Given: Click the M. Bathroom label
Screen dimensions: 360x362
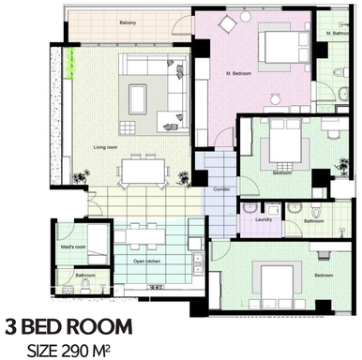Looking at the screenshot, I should (x=338, y=33).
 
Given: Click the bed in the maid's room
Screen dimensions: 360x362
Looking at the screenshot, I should (x=97, y=241).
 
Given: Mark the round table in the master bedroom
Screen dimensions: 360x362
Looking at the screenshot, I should (x=275, y=97).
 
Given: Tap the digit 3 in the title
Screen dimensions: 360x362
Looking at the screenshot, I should (x=13, y=327).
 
